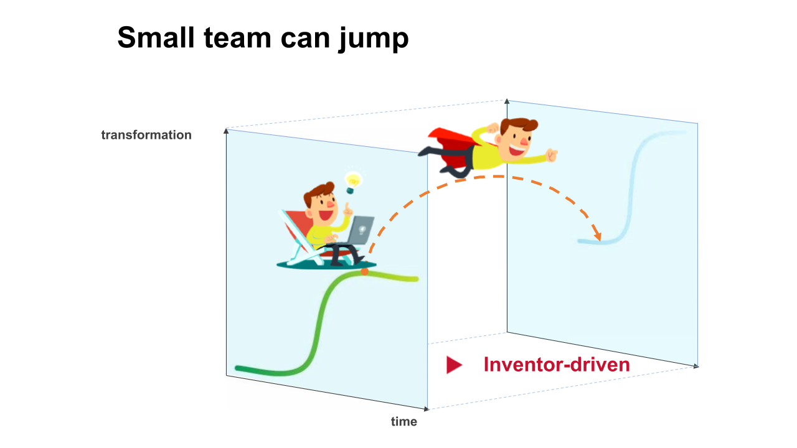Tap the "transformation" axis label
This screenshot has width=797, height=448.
point(146,135)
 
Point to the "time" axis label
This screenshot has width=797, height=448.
point(403,422)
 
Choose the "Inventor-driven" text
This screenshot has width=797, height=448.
point(557,365)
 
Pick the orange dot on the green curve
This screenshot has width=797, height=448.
point(364,271)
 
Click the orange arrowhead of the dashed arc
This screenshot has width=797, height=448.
point(598,236)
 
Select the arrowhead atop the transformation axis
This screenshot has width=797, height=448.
point(225,131)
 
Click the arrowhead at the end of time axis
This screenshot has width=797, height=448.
point(427,409)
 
